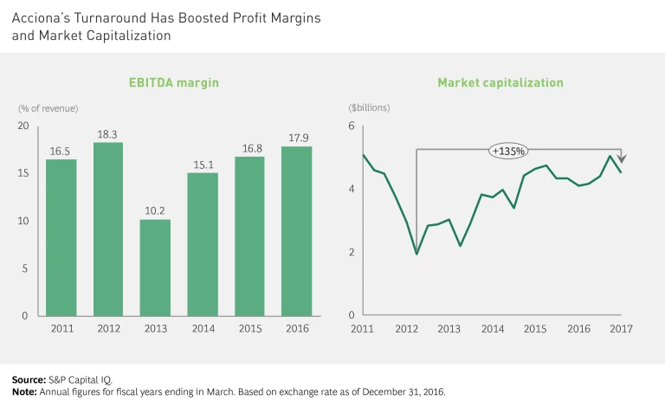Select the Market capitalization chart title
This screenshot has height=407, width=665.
click(x=500, y=83)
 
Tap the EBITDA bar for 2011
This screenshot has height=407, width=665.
click(x=61, y=237)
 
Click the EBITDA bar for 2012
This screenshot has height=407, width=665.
click(x=108, y=229)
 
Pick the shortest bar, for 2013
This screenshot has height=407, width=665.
click(x=155, y=268)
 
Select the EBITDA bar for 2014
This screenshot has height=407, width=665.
click(x=203, y=244)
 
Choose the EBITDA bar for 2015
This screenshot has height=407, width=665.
click(x=249, y=236)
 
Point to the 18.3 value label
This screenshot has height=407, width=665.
click(x=108, y=135)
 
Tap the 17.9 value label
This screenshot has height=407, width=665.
click(x=297, y=139)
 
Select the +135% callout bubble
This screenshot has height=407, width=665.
click(x=507, y=151)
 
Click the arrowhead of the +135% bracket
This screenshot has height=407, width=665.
click(x=621, y=158)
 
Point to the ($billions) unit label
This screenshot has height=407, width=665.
click(x=369, y=108)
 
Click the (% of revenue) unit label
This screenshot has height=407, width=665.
click(x=48, y=108)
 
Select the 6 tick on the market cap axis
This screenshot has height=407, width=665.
click(x=352, y=126)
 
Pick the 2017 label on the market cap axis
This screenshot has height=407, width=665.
click(x=621, y=329)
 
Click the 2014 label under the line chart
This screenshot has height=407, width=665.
click(x=492, y=329)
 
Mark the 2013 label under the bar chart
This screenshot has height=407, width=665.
click(x=155, y=329)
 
